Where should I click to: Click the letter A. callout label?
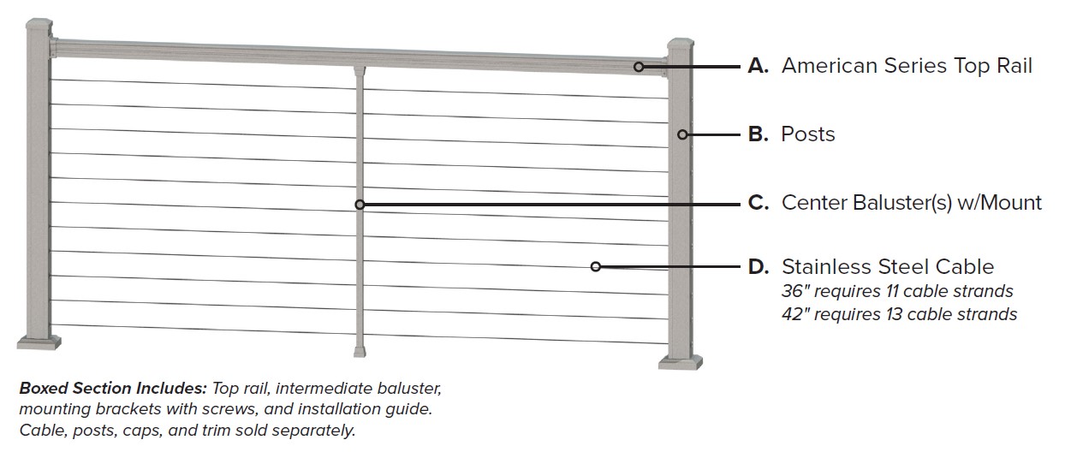pos(759,66)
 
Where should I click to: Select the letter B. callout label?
pos(758,134)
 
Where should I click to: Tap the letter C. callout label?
pos(759,203)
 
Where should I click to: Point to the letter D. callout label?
pos(759,266)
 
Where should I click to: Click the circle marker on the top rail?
pos(639,66)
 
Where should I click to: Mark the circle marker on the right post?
pos(682,134)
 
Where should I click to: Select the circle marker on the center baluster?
pos(360,205)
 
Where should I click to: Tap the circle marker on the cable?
pos(595,266)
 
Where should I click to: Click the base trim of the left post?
pos(39,342)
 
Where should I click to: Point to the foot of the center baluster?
pos(360,350)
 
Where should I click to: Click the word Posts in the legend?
pos(807,134)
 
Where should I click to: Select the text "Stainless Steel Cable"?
pos(887,266)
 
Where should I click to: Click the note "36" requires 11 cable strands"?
pos(897,291)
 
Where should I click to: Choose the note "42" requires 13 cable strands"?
pos(899,314)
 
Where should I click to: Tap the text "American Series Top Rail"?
pos(907,66)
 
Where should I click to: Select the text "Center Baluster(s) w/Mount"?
pos(911,203)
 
